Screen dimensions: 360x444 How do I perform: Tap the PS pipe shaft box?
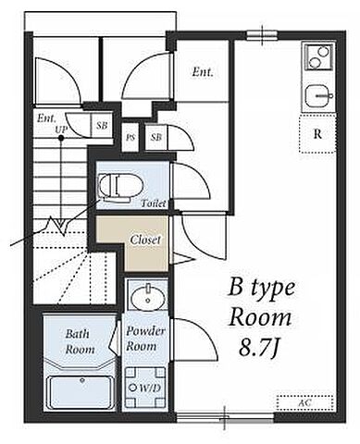[130, 137]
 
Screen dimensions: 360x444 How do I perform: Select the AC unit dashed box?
[305, 402]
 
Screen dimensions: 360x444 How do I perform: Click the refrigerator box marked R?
[317, 133]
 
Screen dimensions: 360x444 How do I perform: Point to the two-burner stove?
[318, 57]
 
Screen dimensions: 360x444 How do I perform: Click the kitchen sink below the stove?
[318, 95]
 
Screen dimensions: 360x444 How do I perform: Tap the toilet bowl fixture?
[121, 186]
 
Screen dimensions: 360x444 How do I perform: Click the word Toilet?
[154, 203]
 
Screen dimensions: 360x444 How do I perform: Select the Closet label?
[145, 240]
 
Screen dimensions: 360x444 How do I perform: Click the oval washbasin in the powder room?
[147, 298]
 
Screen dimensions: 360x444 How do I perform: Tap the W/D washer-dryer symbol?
[145, 388]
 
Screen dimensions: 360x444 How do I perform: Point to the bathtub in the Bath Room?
[81, 391]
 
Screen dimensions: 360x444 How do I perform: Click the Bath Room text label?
[80, 341]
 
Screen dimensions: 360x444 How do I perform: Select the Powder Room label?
[145, 339]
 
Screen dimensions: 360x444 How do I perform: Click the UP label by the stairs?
[61, 129]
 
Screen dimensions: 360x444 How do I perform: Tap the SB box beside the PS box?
[156, 137]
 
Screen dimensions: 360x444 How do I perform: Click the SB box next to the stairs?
[102, 126]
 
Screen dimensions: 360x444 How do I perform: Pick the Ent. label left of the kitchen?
[203, 72]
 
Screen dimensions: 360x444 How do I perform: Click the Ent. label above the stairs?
[47, 118]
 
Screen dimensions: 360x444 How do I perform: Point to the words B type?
[261, 289]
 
